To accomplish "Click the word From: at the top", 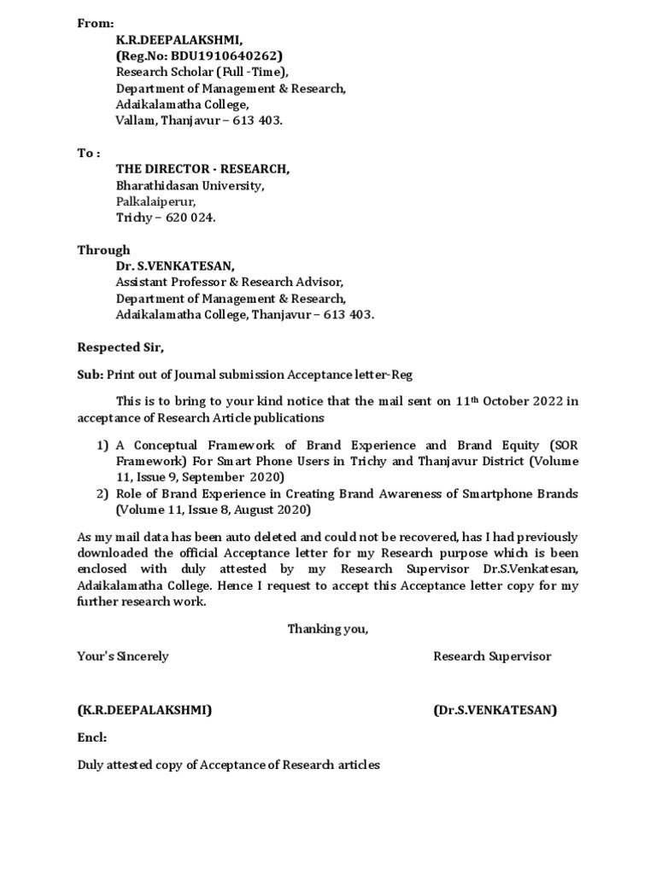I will (x=95, y=24).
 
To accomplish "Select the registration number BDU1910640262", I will (x=215, y=56).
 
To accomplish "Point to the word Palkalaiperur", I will (x=155, y=201).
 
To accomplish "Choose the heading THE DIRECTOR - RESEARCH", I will (x=202, y=169).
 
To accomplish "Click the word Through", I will (x=103, y=250).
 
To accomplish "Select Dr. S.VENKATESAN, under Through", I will (x=177, y=266).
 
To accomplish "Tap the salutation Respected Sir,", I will (x=120, y=347).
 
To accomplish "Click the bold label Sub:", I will (x=90, y=376).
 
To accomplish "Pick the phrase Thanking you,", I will (x=327, y=629).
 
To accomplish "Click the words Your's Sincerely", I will (x=123, y=656).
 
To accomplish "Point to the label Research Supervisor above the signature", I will (x=492, y=656).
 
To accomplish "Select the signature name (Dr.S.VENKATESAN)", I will (x=495, y=710).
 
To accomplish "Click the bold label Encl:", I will (x=92, y=737).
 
